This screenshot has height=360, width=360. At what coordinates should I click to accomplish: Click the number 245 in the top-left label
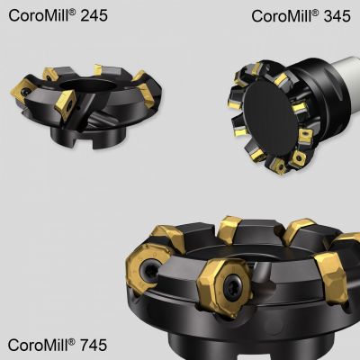click(94, 15)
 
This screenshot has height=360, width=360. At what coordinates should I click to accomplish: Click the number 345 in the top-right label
click(337, 16)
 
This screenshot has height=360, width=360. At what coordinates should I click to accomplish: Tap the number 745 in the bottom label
click(94, 345)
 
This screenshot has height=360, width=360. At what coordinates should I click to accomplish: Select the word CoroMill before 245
click(39, 15)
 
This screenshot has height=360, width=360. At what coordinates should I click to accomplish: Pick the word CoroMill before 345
click(282, 16)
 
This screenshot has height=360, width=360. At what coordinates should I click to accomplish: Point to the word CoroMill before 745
click(38, 345)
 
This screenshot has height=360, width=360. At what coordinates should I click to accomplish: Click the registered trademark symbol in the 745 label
click(72, 341)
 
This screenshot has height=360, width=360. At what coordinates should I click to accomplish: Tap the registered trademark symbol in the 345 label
click(315, 12)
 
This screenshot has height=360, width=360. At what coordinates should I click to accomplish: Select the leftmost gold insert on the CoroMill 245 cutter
click(21, 88)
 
